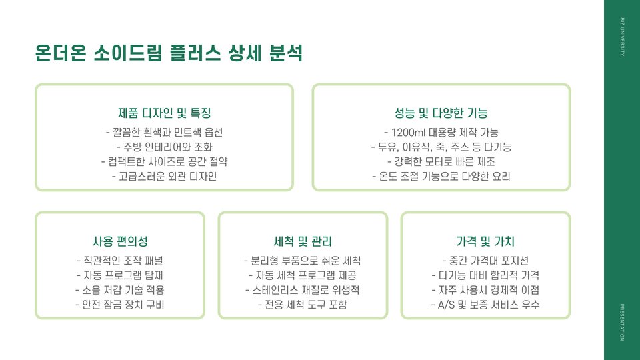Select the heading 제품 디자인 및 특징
164,113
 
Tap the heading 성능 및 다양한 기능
441,113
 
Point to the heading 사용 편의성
120,241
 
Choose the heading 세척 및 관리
303,241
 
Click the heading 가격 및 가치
485,241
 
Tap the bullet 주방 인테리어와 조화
164,147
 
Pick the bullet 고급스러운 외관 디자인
164,177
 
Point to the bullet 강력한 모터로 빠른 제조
441,162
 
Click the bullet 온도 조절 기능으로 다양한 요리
441,177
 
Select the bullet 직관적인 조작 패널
120,259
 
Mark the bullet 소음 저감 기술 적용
120,290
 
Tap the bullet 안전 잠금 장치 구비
120,305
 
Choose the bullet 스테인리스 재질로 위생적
303,290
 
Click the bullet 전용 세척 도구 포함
303,305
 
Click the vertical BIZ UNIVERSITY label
622,39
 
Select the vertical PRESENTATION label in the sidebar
622,322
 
